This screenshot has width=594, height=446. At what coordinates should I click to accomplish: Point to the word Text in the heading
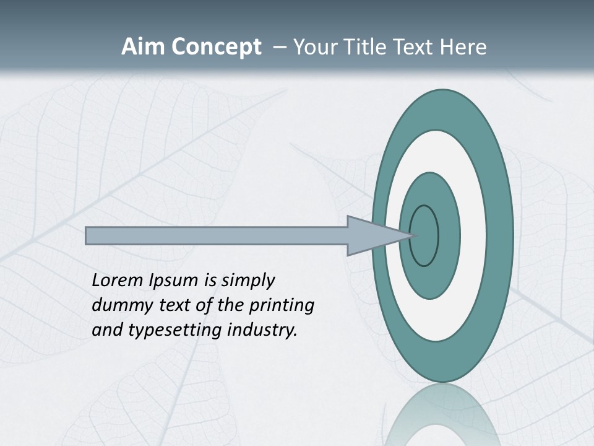415,47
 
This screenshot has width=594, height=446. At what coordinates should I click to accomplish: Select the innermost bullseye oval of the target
424,236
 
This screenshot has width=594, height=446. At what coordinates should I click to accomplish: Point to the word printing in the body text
282,305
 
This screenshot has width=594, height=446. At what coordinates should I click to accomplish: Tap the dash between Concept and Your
279,47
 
